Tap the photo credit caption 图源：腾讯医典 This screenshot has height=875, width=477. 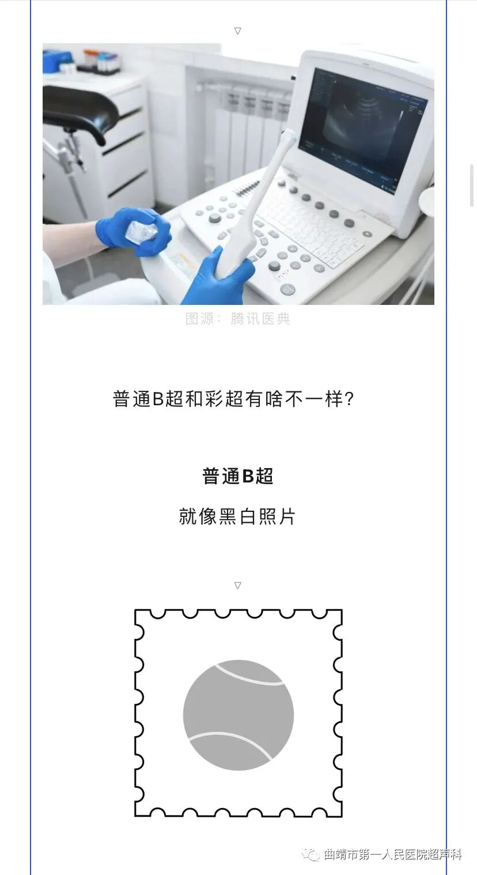tap(237, 319)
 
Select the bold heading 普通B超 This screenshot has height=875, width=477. tap(237, 476)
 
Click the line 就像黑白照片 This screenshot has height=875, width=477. tap(237, 516)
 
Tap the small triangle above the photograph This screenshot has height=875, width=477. tap(237, 31)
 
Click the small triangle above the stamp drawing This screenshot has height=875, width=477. tap(237, 586)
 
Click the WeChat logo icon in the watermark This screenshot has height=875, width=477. tap(312, 854)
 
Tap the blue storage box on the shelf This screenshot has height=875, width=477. tap(56, 61)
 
